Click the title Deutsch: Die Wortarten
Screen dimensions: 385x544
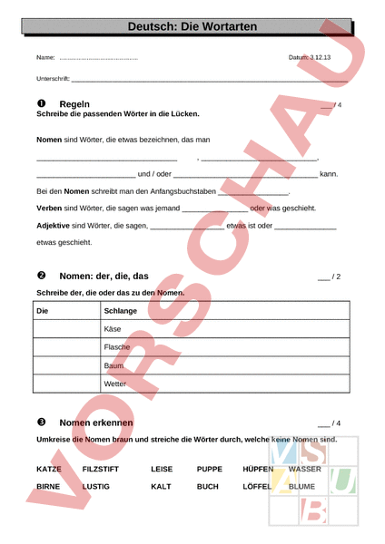point(192,27)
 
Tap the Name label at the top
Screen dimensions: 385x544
point(45,58)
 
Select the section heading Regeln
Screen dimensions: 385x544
point(74,104)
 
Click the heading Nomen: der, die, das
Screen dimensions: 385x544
point(104,276)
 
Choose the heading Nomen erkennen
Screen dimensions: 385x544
point(96,423)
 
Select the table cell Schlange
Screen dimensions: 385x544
point(121,311)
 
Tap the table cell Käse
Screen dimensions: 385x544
point(114,329)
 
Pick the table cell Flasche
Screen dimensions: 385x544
point(118,347)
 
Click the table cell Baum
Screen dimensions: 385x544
point(114,365)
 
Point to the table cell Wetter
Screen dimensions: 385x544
point(116,384)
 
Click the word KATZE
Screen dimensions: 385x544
point(49,470)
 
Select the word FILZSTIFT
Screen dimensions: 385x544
point(100,470)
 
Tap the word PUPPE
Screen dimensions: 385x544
point(210,470)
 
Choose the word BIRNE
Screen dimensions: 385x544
point(48,487)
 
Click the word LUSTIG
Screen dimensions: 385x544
point(95,487)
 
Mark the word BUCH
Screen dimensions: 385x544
point(208,487)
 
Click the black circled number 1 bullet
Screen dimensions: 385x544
point(41,104)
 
